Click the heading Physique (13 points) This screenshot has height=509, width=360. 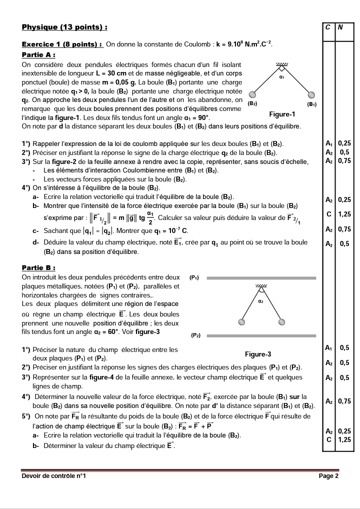click(65, 26)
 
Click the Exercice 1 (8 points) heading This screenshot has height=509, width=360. click(63, 44)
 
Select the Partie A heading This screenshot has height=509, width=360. click(38, 54)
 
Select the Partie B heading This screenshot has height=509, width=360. click(38, 267)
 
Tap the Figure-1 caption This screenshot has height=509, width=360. click(282, 114)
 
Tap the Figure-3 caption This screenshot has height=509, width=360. click(258, 354)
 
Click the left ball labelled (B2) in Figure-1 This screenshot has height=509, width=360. click(253, 95)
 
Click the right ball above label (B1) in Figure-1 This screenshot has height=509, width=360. click(311, 94)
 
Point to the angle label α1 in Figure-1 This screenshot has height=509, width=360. click(282, 77)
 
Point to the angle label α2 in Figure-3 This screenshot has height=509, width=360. click(260, 301)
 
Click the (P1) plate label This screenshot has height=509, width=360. click(195, 277)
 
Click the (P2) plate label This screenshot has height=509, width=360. click(195, 335)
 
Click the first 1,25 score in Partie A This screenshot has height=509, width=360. click(344, 214)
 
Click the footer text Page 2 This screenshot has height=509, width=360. click(328, 476)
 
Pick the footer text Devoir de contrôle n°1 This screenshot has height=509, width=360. click(54, 476)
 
